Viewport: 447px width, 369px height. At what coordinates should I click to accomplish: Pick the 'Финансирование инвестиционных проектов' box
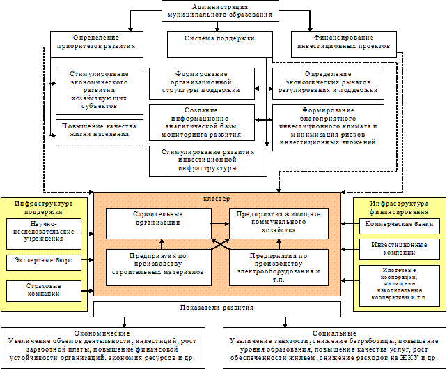[x=345, y=43]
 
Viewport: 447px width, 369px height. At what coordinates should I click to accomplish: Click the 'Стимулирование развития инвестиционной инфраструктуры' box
[x=208, y=160]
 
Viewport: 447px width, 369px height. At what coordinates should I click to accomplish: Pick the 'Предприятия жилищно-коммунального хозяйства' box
[x=278, y=223]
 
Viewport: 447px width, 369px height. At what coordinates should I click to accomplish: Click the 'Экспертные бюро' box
[x=44, y=261]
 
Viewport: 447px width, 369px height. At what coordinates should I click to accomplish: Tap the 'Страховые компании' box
[x=44, y=290]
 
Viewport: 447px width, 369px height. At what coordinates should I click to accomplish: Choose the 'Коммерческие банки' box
[x=399, y=225]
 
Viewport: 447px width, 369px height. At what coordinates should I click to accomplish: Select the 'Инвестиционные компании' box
[x=399, y=249]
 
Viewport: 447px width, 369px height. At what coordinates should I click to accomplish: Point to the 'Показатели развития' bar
[x=217, y=307]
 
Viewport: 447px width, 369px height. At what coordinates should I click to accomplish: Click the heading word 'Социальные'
[x=335, y=333]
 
